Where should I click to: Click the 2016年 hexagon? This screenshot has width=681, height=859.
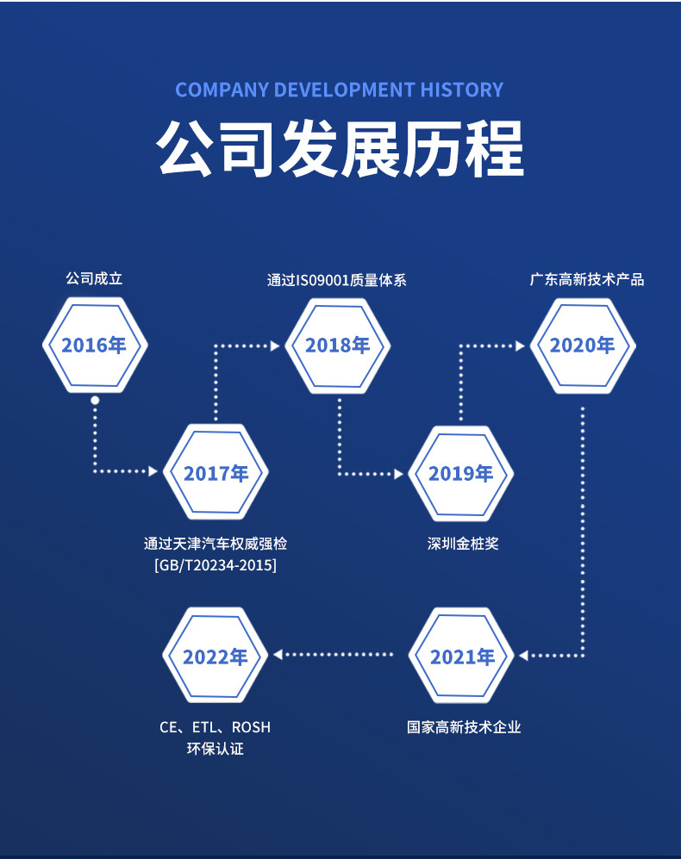95,345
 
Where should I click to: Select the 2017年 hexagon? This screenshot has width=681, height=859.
216,473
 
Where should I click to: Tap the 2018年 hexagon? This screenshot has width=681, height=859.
338,345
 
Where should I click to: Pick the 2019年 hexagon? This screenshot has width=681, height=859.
460,473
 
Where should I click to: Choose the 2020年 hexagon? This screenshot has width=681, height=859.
582,345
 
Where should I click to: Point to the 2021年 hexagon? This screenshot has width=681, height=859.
461,657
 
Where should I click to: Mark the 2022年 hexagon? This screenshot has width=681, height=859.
216,657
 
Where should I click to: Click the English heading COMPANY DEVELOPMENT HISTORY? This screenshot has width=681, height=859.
339,90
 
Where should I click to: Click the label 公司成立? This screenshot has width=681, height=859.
94,279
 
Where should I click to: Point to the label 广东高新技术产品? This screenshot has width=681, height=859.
586,279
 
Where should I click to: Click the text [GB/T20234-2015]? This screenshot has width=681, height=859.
216,565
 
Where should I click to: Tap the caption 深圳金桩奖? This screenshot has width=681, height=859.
463,544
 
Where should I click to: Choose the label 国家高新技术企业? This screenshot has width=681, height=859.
464,727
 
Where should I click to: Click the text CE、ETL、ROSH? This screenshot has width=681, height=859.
215,727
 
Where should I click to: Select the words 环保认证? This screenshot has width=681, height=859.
216,749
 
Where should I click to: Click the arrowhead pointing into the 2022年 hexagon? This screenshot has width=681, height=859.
278,655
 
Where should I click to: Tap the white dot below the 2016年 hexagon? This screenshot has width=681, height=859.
95,400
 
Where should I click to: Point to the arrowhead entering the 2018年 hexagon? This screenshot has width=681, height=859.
275,345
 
